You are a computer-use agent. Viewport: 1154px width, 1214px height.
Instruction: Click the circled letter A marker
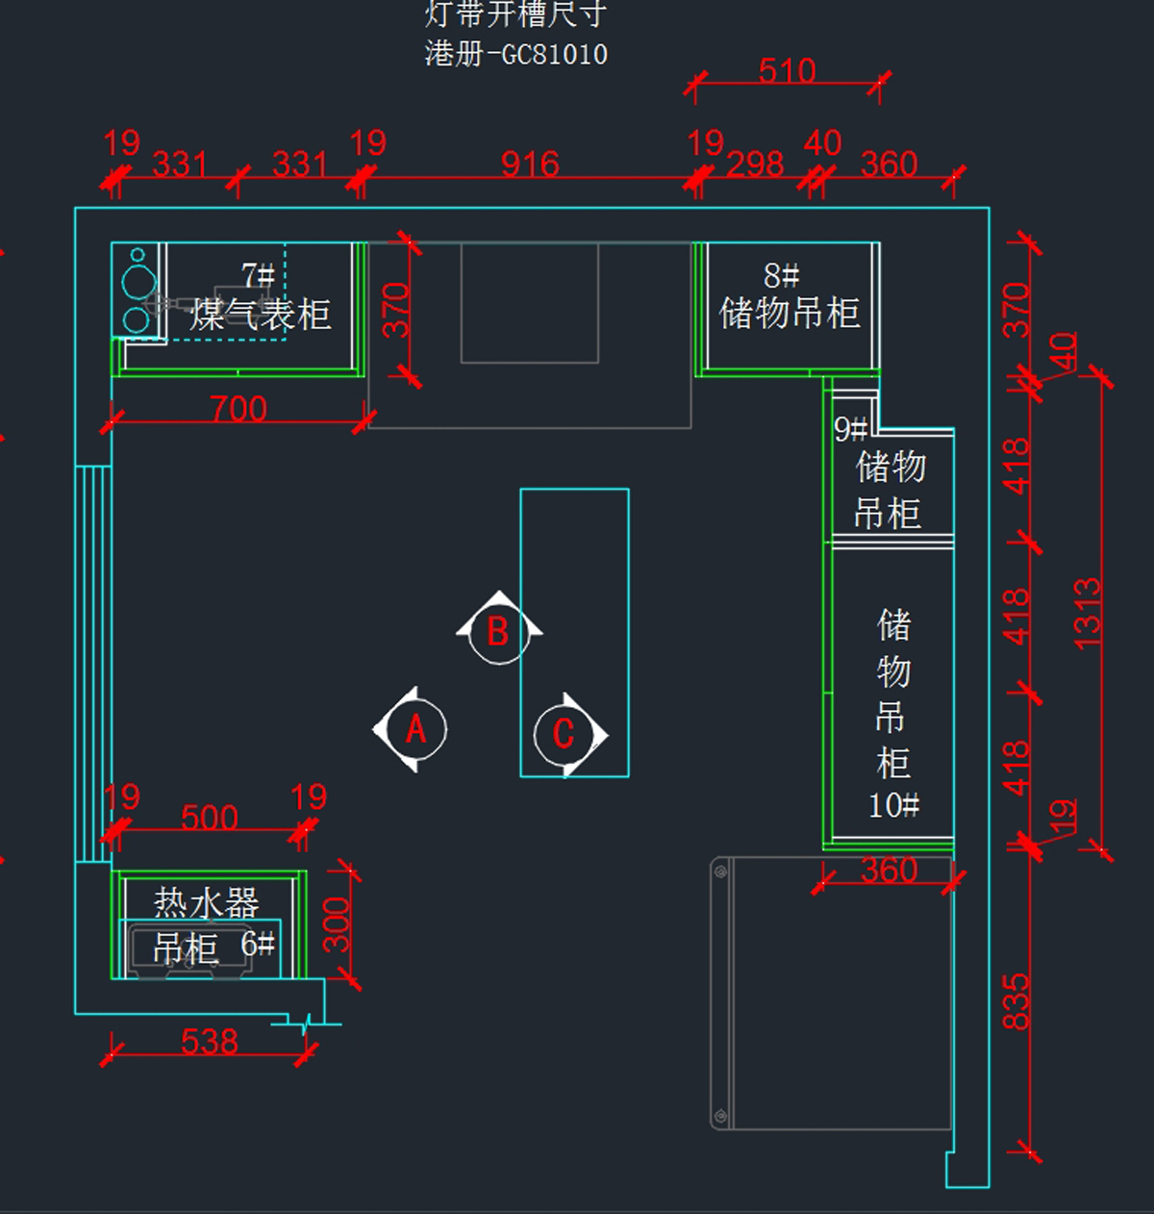(414, 729)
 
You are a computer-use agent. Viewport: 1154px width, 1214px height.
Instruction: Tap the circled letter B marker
(497, 632)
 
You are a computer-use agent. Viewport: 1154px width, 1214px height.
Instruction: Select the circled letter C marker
(564, 734)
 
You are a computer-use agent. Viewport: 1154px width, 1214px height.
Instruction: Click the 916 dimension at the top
(530, 164)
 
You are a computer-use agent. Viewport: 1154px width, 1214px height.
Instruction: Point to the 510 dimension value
(787, 70)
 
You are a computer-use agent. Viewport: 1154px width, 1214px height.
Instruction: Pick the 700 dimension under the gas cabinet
(238, 409)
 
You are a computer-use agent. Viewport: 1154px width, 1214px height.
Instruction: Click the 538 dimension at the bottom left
(210, 1041)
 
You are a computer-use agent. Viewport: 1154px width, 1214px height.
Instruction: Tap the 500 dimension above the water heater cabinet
(210, 818)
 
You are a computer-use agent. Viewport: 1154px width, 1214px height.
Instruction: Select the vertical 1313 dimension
(1088, 613)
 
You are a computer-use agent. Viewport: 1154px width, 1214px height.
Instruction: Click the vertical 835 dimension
(1016, 1001)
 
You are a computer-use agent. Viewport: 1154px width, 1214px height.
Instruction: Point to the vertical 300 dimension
(337, 924)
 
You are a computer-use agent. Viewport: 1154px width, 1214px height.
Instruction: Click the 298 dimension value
(755, 164)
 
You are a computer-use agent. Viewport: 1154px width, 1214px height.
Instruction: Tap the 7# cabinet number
(258, 276)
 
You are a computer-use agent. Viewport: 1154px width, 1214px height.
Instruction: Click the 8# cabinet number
(781, 276)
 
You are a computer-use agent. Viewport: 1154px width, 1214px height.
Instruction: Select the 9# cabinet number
(850, 429)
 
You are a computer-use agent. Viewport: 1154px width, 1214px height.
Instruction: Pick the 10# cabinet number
(893, 804)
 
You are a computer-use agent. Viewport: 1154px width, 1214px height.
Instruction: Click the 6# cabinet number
(258, 944)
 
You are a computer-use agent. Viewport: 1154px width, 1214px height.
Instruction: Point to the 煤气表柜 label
(261, 315)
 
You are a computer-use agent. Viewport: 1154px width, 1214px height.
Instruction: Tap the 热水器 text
(207, 902)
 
